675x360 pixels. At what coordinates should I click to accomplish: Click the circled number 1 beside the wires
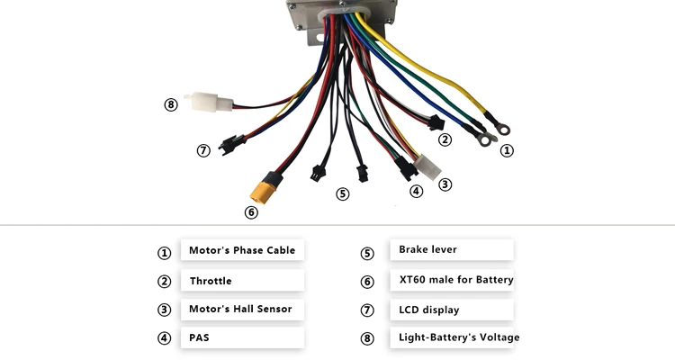coord(507,150)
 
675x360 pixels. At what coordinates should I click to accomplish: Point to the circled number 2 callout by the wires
coord(445,139)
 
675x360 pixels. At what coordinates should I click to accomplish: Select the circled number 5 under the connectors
coord(343,193)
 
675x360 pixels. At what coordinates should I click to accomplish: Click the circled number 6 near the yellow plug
coord(251,212)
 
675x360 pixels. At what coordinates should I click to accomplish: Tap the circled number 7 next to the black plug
coord(203,150)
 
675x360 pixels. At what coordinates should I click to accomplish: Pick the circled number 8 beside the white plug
coord(171,104)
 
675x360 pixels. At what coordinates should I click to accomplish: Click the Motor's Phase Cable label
coord(241,250)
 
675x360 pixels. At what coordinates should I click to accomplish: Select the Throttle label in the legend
coord(211,281)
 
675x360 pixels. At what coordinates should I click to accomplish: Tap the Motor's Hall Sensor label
coord(240,309)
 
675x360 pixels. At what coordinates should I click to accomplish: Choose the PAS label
coord(199,338)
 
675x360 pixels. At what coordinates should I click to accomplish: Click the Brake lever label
coord(427,249)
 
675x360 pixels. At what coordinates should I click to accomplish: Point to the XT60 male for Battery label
coord(456,280)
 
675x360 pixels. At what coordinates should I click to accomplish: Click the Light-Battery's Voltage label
coord(459,337)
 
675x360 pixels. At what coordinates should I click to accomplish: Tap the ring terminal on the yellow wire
coord(491,118)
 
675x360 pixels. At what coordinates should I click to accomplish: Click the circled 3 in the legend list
coord(164,310)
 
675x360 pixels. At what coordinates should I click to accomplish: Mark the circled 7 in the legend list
coord(367,310)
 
